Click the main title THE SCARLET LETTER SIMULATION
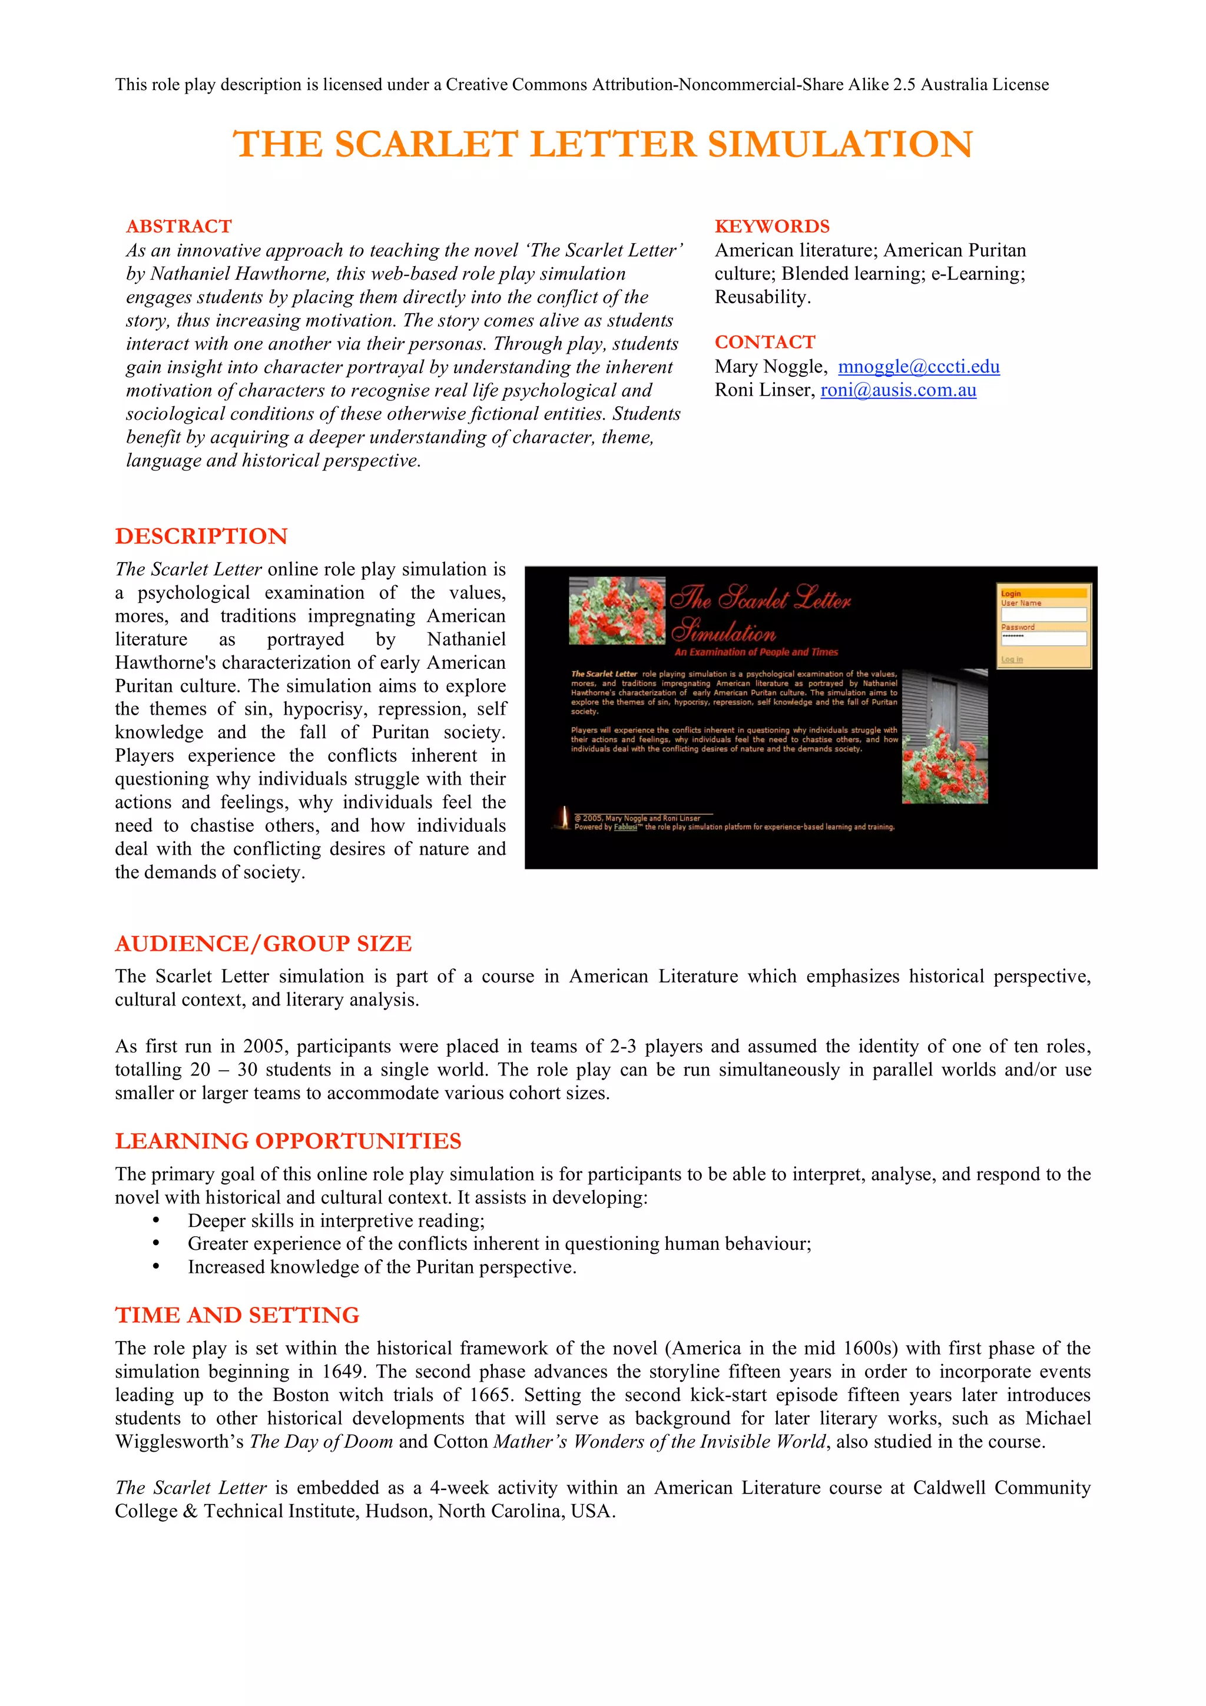tap(602, 144)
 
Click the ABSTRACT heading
tap(178, 227)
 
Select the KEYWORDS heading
tap(772, 227)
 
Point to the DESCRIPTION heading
tap(201, 536)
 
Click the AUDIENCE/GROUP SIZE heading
tap(263, 944)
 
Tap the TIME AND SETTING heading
tap(237, 1315)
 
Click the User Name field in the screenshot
tap(1043, 615)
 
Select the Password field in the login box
tap(1043, 638)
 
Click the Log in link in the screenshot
tap(1011, 660)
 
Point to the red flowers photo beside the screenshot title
tap(617, 611)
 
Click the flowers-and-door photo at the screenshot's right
tap(945, 736)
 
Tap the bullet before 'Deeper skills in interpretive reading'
tap(156, 1221)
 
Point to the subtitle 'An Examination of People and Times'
tap(756, 652)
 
